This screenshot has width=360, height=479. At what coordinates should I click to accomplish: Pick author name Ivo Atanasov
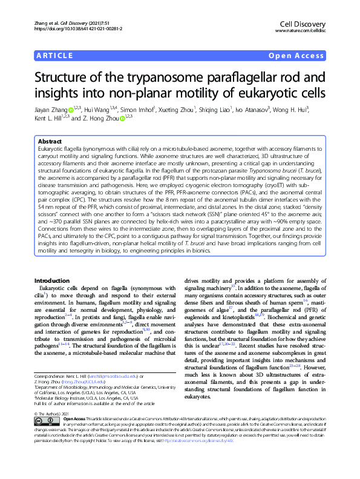click(249, 110)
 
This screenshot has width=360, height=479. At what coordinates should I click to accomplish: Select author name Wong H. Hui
click(306, 110)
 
